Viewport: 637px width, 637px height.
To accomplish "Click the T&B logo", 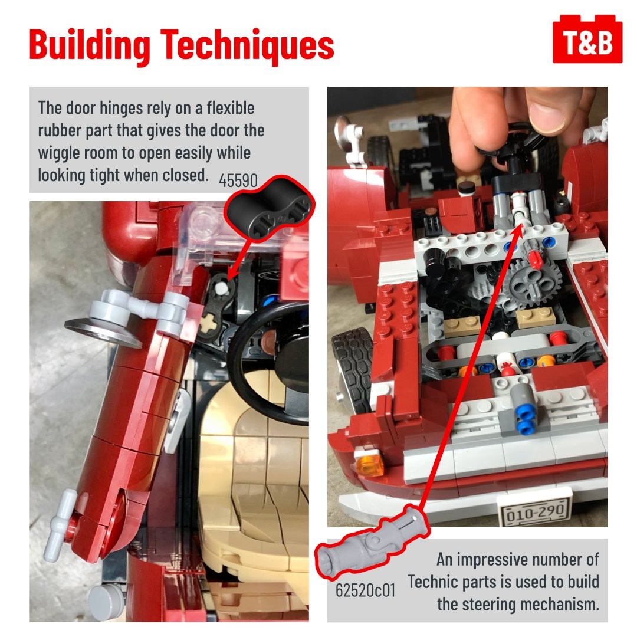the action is click(587, 40).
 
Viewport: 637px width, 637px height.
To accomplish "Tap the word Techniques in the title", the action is click(247, 44).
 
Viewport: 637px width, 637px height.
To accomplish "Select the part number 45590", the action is click(238, 180).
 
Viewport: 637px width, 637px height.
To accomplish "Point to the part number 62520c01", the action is click(365, 590).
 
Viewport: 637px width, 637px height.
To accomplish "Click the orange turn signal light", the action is click(369, 462).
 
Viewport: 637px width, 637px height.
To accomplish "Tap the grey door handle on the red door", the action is click(60, 524).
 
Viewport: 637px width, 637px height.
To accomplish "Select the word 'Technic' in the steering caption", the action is click(433, 582).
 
